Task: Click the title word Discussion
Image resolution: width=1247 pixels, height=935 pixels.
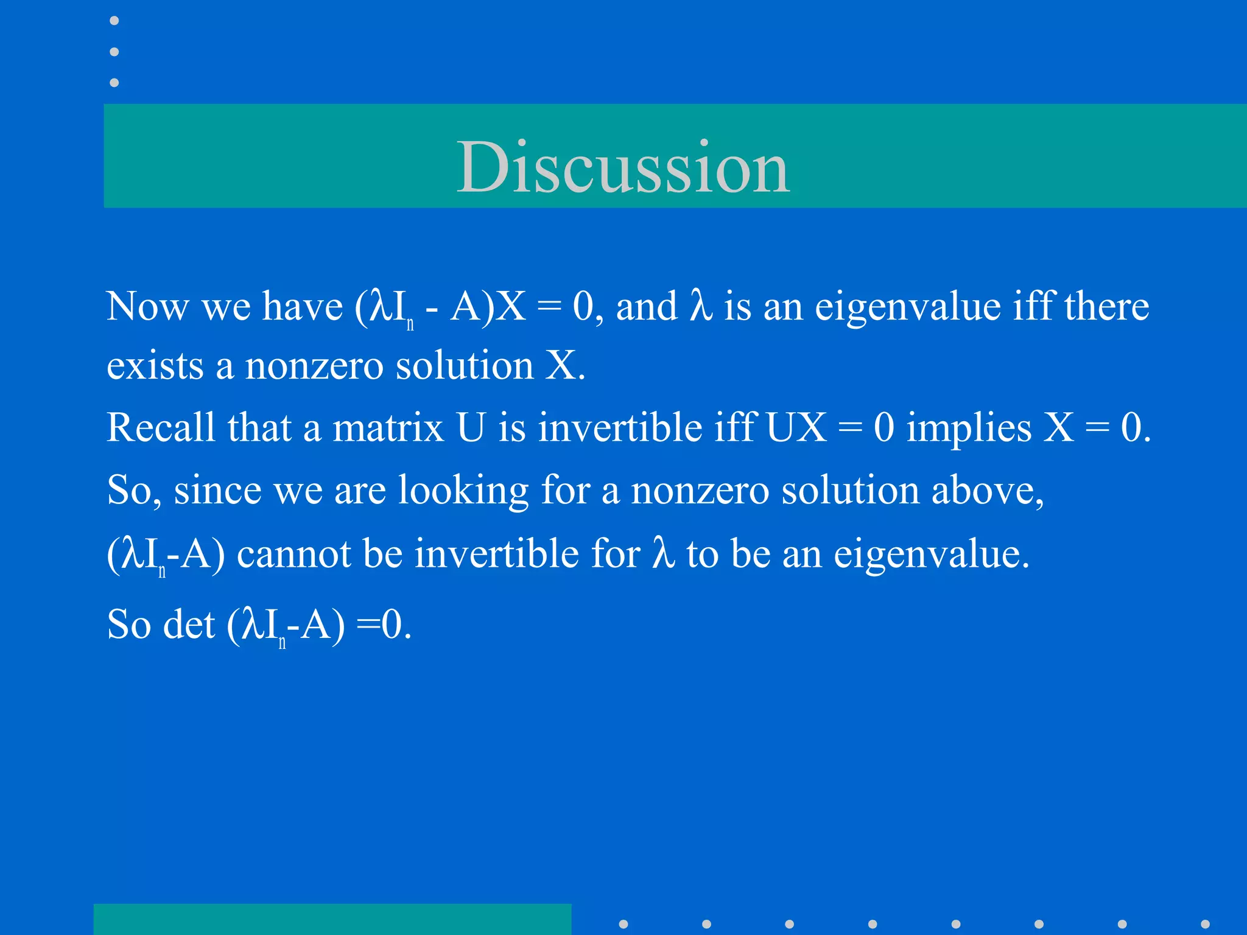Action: pyautogui.click(x=623, y=167)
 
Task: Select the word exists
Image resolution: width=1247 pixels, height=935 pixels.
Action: pyautogui.click(x=155, y=366)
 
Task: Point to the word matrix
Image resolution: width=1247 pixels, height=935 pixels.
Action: pyautogui.click(x=388, y=427)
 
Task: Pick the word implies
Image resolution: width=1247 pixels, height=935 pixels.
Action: pyautogui.click(x=969, y=429)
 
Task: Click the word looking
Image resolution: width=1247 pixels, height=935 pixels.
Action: pyautogui.click(x=463, y=491)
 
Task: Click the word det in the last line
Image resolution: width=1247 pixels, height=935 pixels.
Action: pyautogui.click(x=189, y=625)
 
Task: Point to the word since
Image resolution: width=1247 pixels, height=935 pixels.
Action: pyautogui.click(x=217, y=491)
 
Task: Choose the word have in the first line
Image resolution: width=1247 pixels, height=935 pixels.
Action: pyautogui.click(x=302, y=306)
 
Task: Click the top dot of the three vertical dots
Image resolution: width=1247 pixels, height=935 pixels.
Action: pyautogui.click(x=114, y=21)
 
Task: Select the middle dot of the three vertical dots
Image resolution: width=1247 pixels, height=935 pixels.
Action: pyautogui.click(x=114, y=52)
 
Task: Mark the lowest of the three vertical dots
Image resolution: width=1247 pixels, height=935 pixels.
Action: pyautogui.click(x=114, y=82)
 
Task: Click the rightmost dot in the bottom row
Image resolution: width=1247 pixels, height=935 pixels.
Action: pyautogui.click(x=1205, y=924)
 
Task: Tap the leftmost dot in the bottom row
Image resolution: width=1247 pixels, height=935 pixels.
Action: pyautogui.click(x=623, y=924)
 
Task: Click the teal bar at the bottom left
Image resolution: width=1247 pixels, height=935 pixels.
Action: pyautogui.click(x=332, y=919)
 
